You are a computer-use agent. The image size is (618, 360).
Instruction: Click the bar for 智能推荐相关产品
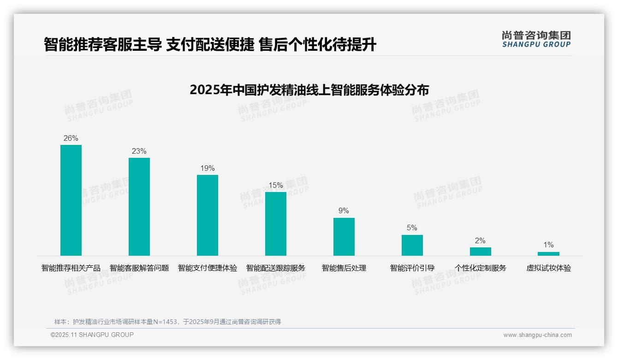[x=71, y=200]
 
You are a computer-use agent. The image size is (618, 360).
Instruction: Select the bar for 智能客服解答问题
[x=139, y=207]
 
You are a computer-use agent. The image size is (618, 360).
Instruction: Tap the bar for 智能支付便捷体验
[x=208, y=215]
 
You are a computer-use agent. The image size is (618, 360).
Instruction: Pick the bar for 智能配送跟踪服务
[x=276, y=224]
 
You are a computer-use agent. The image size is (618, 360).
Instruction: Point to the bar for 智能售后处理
[x=344, y=237]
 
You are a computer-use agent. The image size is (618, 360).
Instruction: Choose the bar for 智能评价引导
[x=412, y=245]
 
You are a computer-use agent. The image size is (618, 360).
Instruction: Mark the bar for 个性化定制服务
[x=481, y=252]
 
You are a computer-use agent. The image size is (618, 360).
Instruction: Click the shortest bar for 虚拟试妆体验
[x=548, y=254]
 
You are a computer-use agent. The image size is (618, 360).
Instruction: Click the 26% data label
[x=71, y=138]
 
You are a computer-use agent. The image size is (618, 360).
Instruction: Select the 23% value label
[x=139, y=151]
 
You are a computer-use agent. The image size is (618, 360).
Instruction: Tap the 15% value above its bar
[x=276, y=185]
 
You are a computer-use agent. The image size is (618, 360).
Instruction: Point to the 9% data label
[x=344, y=211]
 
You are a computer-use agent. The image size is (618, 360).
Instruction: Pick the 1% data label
[x=548, y=245]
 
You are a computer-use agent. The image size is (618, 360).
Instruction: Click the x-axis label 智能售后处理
[x=344, y=268]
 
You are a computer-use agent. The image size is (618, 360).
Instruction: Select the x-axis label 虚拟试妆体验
[x=549, y=268]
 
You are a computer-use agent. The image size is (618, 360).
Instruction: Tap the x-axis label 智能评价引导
[x=412, y=268]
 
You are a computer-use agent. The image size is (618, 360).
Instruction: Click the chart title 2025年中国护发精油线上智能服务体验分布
[x=309, y=90]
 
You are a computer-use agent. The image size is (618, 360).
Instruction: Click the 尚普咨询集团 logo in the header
[x=536, y=39]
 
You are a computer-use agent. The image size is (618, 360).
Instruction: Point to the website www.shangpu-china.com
[x=537, y=335]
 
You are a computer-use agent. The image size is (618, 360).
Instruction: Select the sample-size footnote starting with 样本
[x=167, y=322]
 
